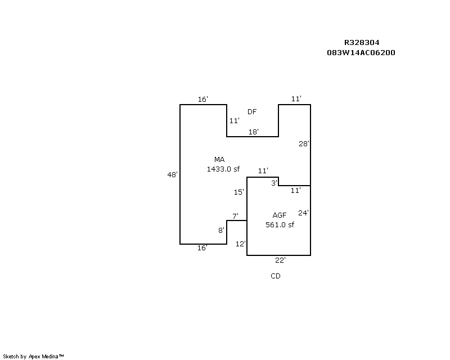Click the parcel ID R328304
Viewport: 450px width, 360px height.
[362, 43]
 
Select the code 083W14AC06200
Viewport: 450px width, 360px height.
[361, 52]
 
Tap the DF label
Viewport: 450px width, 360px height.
[252, 112]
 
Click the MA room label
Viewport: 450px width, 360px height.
[219, 159]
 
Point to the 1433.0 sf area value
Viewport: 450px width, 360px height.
[223, 169]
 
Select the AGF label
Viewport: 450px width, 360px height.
[280, 215]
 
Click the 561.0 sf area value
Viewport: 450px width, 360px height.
[280, 224]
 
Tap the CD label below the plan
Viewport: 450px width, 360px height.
[276, 276]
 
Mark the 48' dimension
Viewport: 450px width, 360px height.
[173, 174]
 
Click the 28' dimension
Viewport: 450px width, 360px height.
[304, 143]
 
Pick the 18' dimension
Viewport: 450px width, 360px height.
[254, 132]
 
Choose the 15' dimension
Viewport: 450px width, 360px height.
[238, 192]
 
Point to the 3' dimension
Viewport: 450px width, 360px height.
[274, 183]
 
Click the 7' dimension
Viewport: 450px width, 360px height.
[235, 216]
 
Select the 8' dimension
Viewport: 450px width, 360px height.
[221, 230]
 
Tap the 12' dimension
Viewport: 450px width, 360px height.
[241, 244]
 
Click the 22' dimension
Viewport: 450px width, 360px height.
[280, 260]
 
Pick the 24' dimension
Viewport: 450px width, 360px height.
[303, 213]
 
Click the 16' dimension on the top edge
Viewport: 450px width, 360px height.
[203, 100]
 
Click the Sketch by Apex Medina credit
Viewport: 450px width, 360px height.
[33, 357]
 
